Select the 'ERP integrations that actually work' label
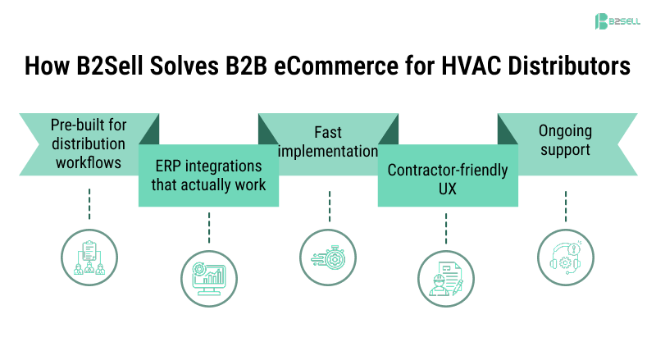[210, 175]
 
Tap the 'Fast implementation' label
[329, 141]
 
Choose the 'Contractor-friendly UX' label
[447, 180]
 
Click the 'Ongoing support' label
[565, 141]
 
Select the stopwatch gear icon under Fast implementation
[328, 257]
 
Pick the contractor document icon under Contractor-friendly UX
[446, 279]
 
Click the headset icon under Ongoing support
[564, 257]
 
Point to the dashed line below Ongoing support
[565, 207]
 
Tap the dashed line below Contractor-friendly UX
[447, 228]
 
